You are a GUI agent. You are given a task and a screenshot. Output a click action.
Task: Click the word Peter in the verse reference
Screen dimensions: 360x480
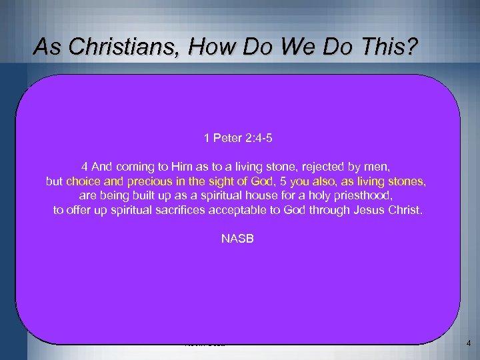click(227, 139)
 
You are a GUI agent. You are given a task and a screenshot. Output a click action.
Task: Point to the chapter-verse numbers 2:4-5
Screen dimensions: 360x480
click(259, 139)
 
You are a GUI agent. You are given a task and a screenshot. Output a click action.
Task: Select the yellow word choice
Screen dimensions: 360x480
click(83, 181)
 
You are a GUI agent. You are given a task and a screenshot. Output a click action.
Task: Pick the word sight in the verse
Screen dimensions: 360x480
click(212, 181)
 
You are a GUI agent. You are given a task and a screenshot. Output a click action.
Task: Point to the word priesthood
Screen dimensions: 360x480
click(365, 196)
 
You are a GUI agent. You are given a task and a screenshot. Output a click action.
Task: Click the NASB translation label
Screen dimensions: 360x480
click(237, 238)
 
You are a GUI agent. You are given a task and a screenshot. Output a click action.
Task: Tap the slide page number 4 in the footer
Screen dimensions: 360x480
click(469, 343)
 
